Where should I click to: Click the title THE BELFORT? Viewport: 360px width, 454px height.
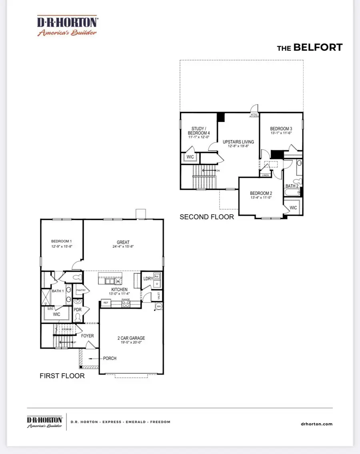click(310, 48)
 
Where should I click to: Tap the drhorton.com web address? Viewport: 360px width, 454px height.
click(316, 424)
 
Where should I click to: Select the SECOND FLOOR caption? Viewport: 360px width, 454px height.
click(206, 217)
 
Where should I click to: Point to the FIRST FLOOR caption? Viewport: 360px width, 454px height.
click(62, 376)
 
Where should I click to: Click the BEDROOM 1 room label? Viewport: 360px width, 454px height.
click(61, 241)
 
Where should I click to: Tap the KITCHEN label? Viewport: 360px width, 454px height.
click(119, 289)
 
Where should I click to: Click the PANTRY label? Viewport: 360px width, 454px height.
click(81, 291)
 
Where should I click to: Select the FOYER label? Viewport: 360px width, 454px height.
click(87, 336)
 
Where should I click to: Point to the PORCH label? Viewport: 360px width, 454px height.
click(109, 358)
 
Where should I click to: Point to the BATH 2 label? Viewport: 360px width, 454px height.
click(292, 186)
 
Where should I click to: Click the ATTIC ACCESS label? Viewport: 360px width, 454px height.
click(255, 115)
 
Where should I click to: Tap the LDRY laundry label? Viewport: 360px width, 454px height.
click(148, 278)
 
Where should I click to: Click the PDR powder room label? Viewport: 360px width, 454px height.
click(78, 310)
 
